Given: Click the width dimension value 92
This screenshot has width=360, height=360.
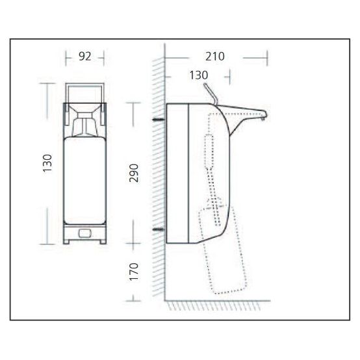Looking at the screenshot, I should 84,57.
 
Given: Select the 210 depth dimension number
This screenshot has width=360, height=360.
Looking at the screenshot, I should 214,57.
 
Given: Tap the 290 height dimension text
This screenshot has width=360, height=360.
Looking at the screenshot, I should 135,173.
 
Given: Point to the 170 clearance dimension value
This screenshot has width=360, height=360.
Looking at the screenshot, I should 135,272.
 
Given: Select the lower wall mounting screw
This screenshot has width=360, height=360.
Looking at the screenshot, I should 157,229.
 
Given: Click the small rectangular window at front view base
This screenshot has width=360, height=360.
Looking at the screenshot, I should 84,232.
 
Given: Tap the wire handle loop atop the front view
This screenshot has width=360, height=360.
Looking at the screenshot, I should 84,90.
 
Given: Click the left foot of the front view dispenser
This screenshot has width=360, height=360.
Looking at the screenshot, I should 68,239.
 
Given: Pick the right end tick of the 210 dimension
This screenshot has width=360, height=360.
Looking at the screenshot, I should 267,57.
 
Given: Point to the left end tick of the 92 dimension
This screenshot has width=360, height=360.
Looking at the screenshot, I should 66,57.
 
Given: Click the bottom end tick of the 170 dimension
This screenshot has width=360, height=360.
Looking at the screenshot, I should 134,300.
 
